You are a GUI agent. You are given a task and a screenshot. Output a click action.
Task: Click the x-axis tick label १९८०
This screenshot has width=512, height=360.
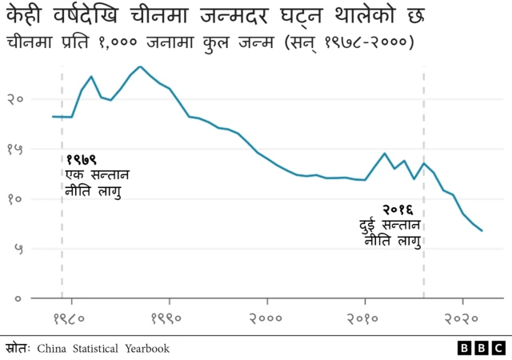[x=72, y=319]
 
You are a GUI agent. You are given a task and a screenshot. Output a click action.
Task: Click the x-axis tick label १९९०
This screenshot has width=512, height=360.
[x=170, y=319]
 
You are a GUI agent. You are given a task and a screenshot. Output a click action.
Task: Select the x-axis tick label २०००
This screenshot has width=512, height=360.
[x=267, y=319]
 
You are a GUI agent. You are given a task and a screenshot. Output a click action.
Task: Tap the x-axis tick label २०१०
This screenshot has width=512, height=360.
[x=365, y=319]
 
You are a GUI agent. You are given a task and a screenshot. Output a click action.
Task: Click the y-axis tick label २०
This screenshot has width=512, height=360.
[x=15, y=99]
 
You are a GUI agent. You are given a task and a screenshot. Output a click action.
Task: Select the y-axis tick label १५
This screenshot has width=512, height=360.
[x=15, y=149]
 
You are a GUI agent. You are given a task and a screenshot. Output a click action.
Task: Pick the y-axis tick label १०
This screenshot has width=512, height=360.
[x=15, y=198]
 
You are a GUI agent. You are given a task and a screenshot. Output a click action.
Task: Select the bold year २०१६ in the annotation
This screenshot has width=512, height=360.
[x=398, y=210]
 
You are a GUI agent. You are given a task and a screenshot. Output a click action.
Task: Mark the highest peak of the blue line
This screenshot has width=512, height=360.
[x=140, y=66]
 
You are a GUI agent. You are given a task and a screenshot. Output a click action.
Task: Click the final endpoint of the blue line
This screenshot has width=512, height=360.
[x=482, y=231]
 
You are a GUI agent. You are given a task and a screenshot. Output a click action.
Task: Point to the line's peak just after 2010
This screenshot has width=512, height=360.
[x=385, y=154]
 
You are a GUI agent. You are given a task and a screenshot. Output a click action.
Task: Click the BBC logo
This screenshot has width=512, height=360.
[x=481, y=349]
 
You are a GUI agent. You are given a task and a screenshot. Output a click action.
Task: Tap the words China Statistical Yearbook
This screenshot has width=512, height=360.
[x=103, y=349]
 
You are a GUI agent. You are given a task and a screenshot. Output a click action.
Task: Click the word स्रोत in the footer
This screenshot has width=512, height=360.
[x=17, y=349]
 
